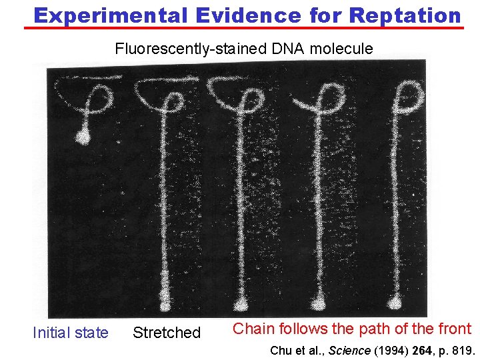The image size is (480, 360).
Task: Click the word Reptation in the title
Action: click(x=405, y=15)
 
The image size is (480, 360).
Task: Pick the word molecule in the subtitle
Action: click(x=341, y=48)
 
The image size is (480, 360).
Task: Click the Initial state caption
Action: click(x=70, y=332)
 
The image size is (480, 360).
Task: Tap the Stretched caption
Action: click(x=167, y=332)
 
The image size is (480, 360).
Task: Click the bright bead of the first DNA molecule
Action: click(x=82, y=137)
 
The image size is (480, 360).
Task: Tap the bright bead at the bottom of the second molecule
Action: click(x=165, y=306)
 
